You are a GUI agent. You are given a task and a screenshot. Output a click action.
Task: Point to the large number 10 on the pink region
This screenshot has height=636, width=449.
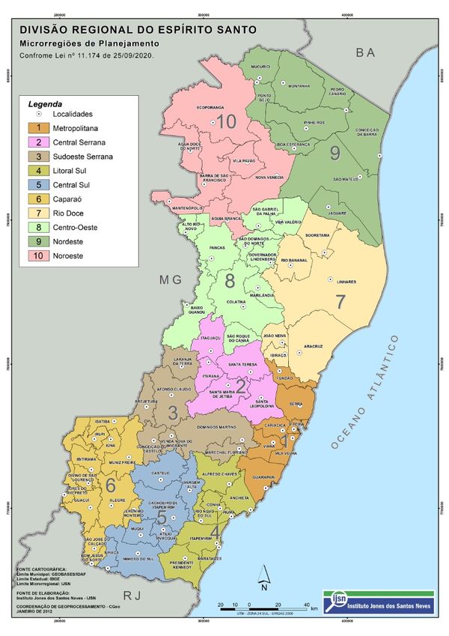tap(226, 121)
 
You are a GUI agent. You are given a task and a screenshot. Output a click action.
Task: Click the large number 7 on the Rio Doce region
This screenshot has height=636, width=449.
tap(341, 303)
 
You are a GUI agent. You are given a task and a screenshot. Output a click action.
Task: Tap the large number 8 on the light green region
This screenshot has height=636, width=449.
tap(230, 280)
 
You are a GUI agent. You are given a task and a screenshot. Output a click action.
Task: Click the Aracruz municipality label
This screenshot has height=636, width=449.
tap(313, 347)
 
